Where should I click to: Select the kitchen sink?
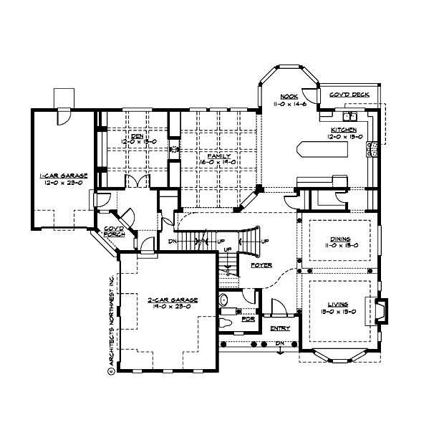click(350, 116)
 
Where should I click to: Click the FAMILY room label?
click(218, 156)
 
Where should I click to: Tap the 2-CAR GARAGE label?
click(169, 301)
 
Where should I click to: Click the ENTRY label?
click(280, 328)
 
